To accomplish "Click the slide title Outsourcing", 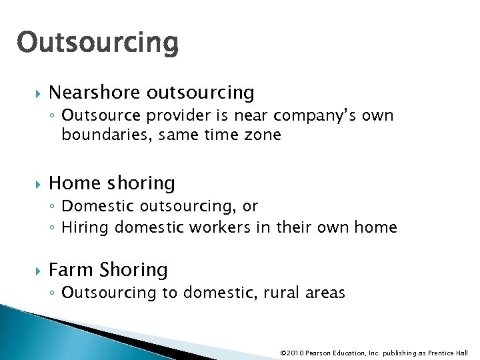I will tap(98, 43).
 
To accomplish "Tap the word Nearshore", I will tap(95, 92).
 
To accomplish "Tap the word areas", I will tap(325, 293).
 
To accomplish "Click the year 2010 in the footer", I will tap(295, 353).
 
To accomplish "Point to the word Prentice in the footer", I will tap(439, 353).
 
